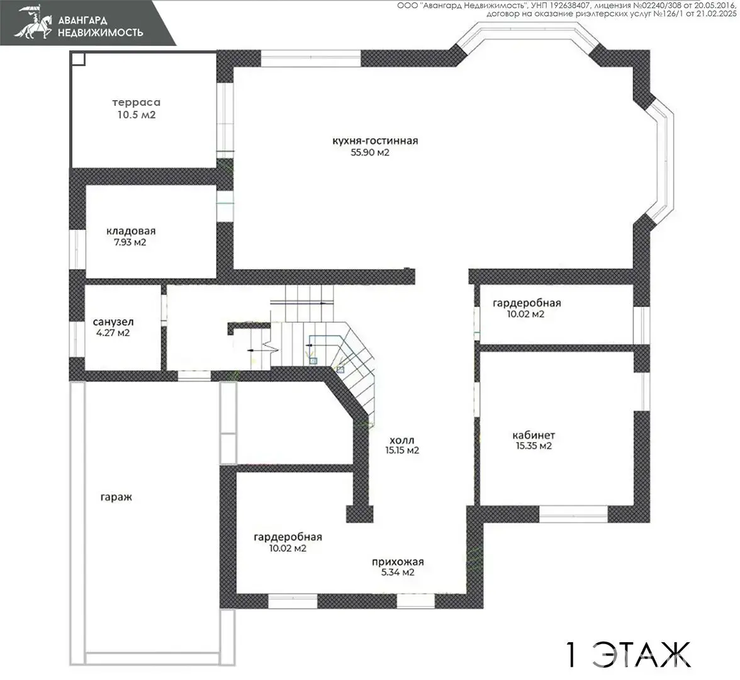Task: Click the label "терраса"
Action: pyautogui.click(x=137, y=103)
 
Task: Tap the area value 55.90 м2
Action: pyautogui.click(x=370, y=152)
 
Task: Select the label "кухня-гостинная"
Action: pyautogui.click(x=375, y=141)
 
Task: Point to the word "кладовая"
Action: pyautogui.click(x=131, y=232)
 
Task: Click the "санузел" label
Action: pyautogui.click(x=113, y=322)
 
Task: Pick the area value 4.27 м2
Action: pyautogui.click(x=113, y=333)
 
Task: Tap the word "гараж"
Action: pyautogui.click(x=116, y=497)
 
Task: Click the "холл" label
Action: pyautogui.click(x=402, y=440)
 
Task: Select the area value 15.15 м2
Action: pyautogui.click(x=402, y=451)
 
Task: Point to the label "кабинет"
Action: pyautogui.click(x=534, y=436)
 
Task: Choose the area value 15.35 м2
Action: pyautogui.click(x=534, y=446)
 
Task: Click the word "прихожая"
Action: pyautogui.click(x=398, y=562)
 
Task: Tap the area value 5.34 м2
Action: pyautogui.click(x=398, y=572)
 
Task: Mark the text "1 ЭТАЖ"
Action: pyautogui.click(x=628, y=655)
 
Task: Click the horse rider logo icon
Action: pyautogui.click(x=33, y=22)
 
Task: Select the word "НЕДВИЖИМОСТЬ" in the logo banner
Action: pyautogui.click(x=100, y=33)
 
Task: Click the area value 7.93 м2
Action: pyautogui.click(x=130, y=242)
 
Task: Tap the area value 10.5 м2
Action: pyautogui.click(x=137, y=115)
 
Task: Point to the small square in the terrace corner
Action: pyautogui.click(x=78, y=59)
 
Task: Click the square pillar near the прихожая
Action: pyautogui.click(x=360, y=514)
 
